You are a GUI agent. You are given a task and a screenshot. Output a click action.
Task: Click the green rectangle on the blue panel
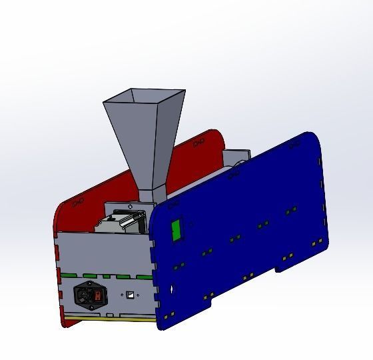177,230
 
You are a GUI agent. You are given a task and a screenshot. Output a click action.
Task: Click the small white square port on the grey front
130,294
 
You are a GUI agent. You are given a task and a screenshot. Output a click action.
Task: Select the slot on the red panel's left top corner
79,199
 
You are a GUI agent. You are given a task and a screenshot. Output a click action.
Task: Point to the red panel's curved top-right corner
216,136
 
